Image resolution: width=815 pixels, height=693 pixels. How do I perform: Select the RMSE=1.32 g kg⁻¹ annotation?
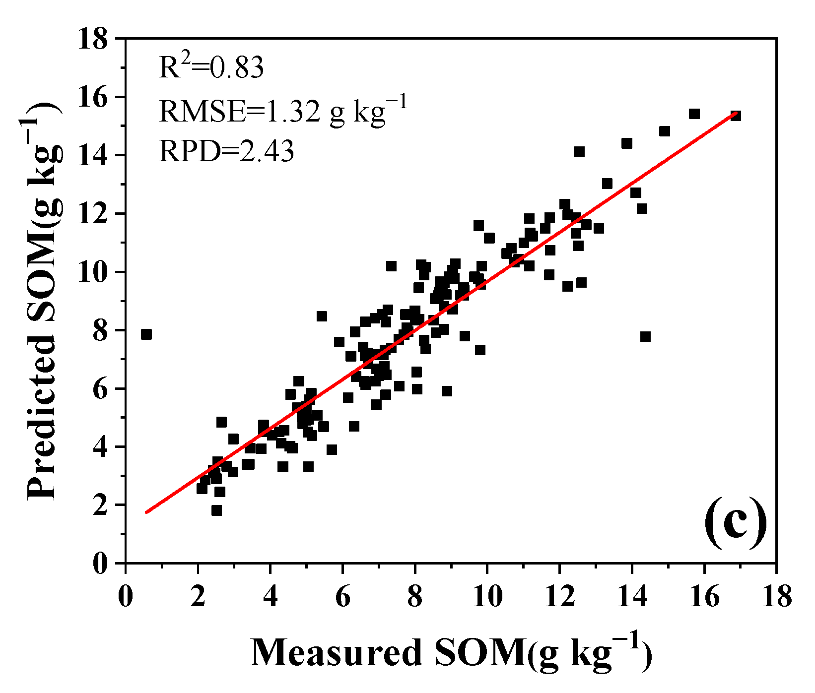283,110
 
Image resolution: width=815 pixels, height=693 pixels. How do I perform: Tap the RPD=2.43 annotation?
226,151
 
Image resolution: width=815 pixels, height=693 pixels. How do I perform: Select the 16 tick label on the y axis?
92,97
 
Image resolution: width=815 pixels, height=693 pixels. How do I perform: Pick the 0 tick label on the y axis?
100,564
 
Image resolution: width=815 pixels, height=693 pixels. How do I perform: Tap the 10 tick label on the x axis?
487,597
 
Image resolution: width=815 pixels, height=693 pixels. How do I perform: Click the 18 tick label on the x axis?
776,597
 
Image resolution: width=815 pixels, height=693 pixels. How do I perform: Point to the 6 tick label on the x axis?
342,597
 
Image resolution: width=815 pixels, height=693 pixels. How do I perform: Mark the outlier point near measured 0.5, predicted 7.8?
146,334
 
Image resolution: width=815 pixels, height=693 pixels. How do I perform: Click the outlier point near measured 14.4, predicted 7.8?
645,337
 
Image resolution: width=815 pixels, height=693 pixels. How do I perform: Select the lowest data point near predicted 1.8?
216,510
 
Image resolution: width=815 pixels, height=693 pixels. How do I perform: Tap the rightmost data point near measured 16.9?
736,116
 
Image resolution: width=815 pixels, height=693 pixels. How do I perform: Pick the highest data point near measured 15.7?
694,114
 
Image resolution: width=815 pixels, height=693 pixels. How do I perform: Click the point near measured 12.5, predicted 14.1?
579,152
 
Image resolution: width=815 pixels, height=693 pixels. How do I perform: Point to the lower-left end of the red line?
146,512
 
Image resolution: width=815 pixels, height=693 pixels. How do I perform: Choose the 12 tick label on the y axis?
92,214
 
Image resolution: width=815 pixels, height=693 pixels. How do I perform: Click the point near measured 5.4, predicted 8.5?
322,316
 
